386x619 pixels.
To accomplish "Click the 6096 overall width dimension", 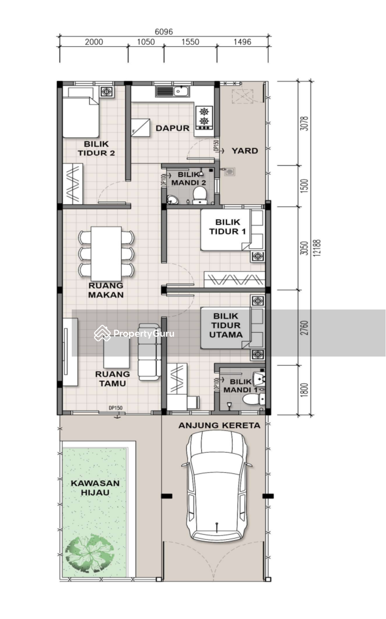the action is point(164,32).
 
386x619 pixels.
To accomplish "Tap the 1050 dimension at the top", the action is point(146,42).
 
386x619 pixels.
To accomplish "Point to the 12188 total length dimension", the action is point(317,248).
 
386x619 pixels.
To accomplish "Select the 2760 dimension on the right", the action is point(304,328).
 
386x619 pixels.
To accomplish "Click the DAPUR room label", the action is point(172,128).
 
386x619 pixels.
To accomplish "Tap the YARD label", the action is point(245,151).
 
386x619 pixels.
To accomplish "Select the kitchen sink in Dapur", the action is point(173,91).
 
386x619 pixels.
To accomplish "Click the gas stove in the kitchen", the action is point(204,118).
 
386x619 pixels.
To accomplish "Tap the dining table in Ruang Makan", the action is point(106,254).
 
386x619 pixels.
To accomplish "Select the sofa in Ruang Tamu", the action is point(149,352).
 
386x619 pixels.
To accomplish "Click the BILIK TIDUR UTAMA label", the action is point(226,325).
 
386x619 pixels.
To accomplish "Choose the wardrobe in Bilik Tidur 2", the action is point(73,184).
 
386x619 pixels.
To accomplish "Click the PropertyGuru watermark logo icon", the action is point(102,333).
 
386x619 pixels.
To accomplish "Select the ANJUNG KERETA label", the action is point(219,425).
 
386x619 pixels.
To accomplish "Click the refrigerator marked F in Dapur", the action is point(141,128).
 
